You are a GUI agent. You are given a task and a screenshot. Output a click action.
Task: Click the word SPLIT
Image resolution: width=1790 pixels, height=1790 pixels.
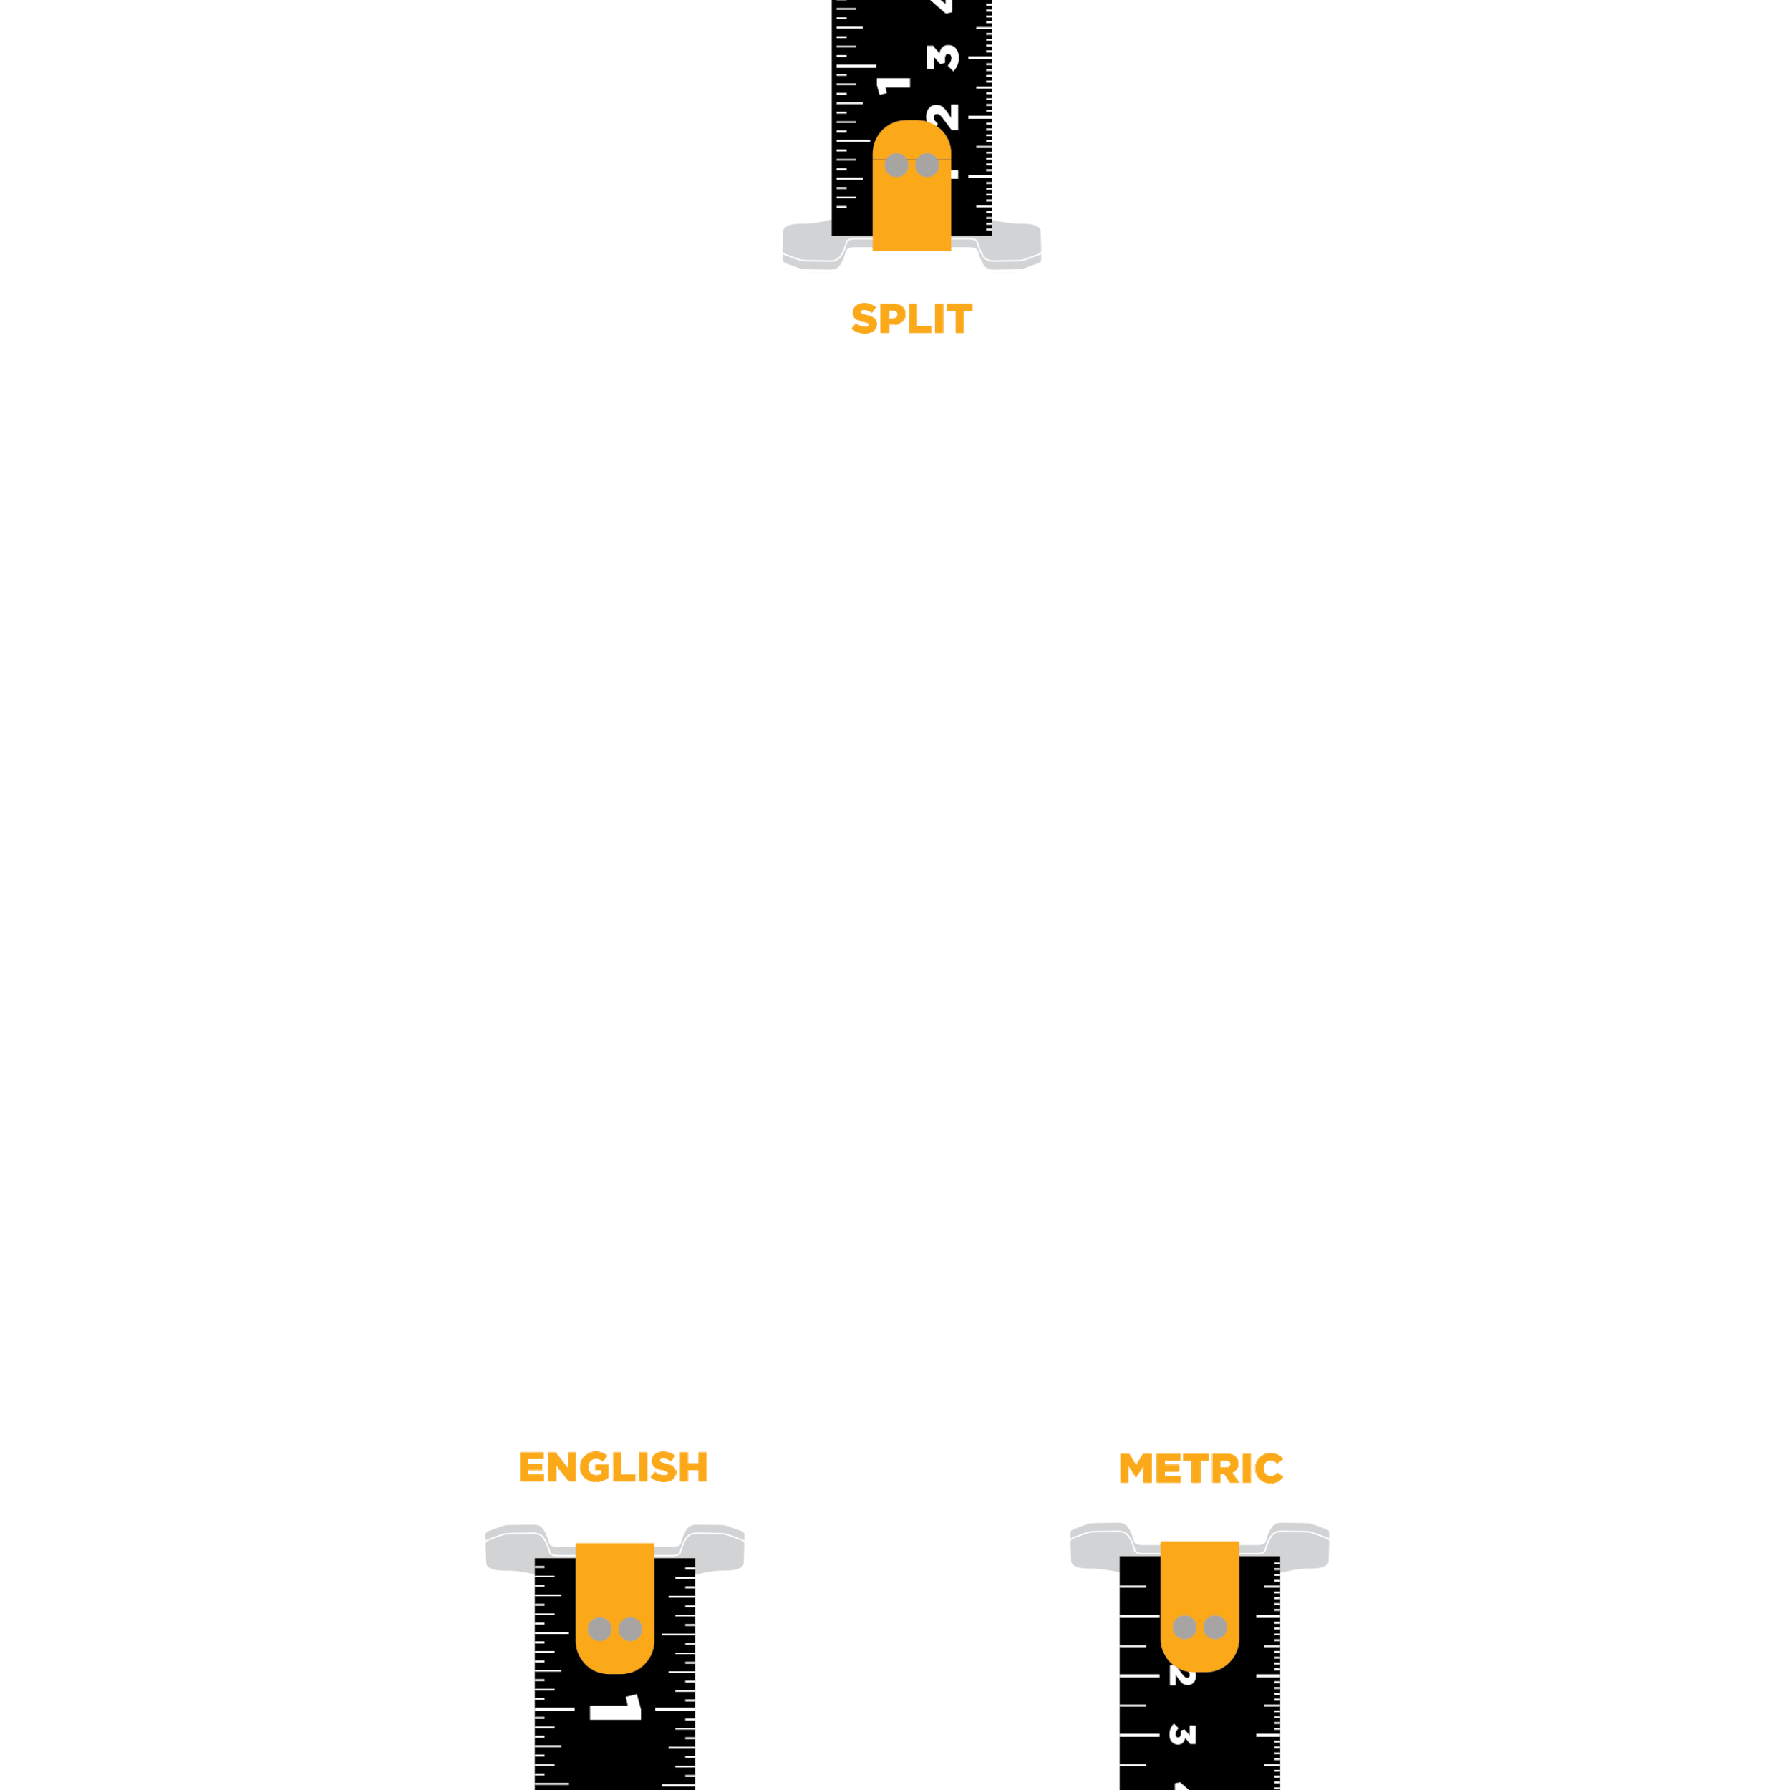pyautogui.click(x=911, y=318)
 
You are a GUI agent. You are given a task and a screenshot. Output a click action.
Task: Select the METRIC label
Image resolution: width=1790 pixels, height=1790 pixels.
pyautogui.click(x=1201, y=1469)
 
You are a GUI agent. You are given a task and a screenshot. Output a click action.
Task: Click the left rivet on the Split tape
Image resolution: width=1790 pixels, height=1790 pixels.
pyautogui.click(x=896, y=165)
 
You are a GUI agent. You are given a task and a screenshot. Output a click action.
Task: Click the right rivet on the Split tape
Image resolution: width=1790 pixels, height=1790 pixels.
pyautogui.click(x=927, y=165)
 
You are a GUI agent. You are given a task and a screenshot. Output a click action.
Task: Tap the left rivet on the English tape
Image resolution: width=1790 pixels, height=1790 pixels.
pyautogui.click(x=599, y=1629)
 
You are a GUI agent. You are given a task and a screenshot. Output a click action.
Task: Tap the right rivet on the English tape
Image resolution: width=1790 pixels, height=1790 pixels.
pyautogui.click(x=630, y=1629)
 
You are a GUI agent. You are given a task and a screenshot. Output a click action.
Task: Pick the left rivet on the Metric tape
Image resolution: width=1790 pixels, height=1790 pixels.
pyautogui.click(x=1184, y=1627)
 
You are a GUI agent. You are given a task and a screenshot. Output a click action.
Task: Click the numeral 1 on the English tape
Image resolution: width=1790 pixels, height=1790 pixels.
pyautogui.click(x=615, y=1708)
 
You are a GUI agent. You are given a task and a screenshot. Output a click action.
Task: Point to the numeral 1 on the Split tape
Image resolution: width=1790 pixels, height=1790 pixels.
pyautogui.click(x=893, y=85)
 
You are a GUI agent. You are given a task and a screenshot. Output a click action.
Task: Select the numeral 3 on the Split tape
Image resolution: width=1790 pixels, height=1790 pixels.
pyautogui.click(x=942, y=57)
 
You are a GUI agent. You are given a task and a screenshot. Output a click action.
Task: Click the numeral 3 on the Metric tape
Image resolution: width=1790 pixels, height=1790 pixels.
pyautogui.click(x=1182, y=1734)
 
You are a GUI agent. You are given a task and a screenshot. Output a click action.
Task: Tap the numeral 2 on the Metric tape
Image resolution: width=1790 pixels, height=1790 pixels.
pyautogui.click(x=1181, y=1676)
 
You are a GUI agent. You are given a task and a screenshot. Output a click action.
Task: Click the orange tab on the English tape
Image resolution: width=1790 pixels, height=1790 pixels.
pyautogui.click(x=614, y=1594)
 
